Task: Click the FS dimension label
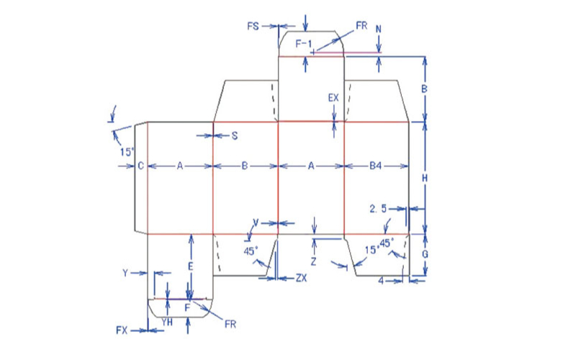coord(253,27)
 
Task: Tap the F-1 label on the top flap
coord(304,44)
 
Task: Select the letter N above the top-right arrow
coord(379,30)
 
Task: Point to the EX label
coord(333,98)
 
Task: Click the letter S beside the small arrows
coord(235,136)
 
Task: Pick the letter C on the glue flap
coord(140,166)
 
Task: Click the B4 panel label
coord(375,166)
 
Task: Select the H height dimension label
coord(425,179)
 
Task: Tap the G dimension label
coord(425,254)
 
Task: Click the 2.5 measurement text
coord(378,209)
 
